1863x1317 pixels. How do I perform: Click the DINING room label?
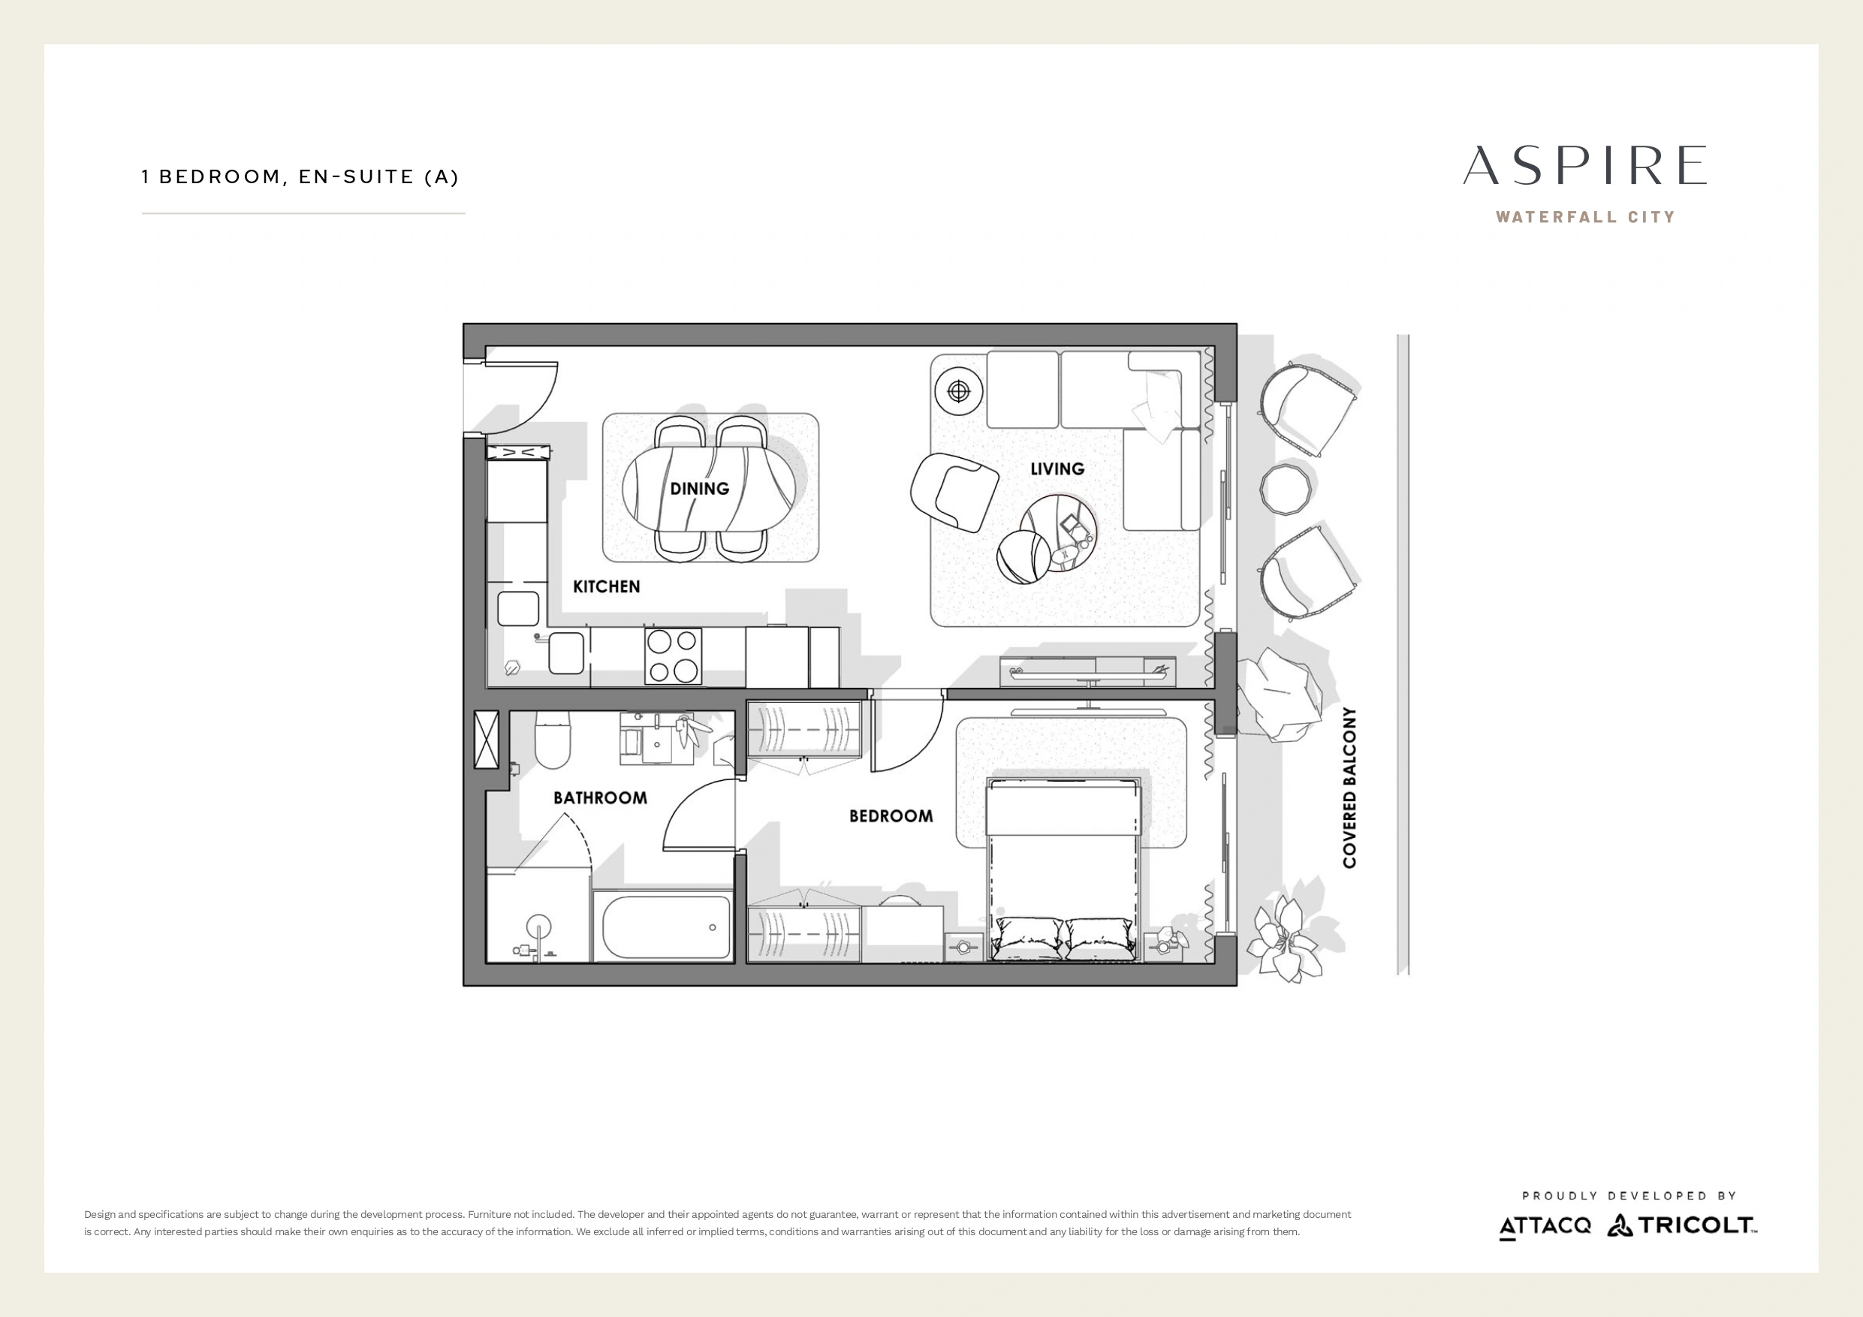pos(699,489)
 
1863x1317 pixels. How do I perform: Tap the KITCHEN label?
pos(606,586)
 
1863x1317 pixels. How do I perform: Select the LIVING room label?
pos(1057,469)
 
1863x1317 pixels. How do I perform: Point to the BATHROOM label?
pos(601,797)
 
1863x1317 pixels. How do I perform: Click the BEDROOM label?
pos(891,816)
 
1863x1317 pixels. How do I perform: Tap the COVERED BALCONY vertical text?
pos(1349,788)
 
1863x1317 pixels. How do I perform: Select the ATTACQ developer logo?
pos(1545,1226)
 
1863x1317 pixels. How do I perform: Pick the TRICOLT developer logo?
pos(1681,1225)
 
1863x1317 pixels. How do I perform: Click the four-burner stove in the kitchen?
pos(673,655)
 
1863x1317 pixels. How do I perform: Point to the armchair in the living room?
pos(954,492)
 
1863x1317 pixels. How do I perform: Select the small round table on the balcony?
pos(1286,489)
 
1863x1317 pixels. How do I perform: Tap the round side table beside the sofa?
pos(959,392)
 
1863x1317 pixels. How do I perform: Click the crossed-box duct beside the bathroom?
pos(486,740)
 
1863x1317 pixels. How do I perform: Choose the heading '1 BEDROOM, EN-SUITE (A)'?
pos(300,177)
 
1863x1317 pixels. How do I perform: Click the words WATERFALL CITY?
pos(1585,217)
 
